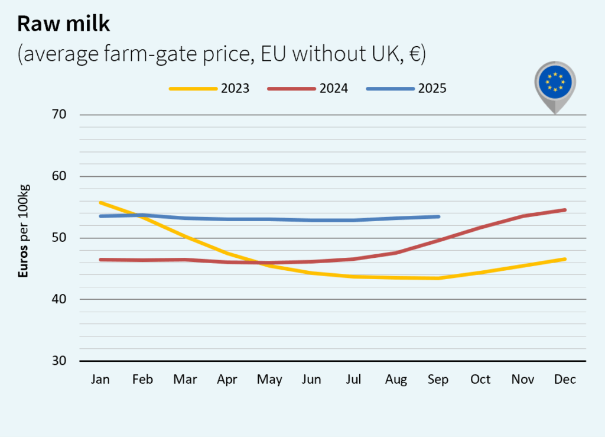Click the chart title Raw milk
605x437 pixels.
click(x=64, y=24)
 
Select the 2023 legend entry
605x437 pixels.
click(x=209, y=89)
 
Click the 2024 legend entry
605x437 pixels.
click(x=308, y=89)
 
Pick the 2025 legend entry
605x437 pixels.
click(x=406, y=89)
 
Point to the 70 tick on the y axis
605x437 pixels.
click(x=57, y=115)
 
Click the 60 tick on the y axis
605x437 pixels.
click(x=57, y=176)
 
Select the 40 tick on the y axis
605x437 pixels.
click(x=57, y=299)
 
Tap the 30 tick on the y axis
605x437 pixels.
click(x=57, y=361)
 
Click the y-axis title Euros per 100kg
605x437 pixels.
click(x=24, y=231)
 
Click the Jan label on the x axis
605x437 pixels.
click(x=100, y=380)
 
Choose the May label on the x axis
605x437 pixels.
click(x=269, y=380)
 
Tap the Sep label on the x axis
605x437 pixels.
click(x=438, y=380)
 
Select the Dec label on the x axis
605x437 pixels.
click(x=565, y=380)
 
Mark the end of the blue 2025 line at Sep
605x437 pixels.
click(x=438, y=216)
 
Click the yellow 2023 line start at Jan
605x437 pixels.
click(x=100, y=202)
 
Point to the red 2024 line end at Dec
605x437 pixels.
click(x=565, y=210)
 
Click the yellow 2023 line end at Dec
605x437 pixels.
click(x=565, y=259)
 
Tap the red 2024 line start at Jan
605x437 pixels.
click(x=100, y=260)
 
